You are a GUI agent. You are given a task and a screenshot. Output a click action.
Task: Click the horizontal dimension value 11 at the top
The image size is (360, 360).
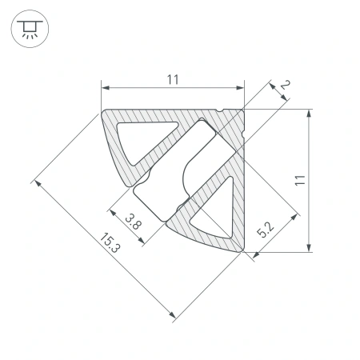pos(172,78)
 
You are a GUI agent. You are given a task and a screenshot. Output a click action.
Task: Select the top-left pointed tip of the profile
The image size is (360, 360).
pos(103,110)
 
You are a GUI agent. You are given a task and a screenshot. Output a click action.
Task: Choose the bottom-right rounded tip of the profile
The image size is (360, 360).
pos(240,250)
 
